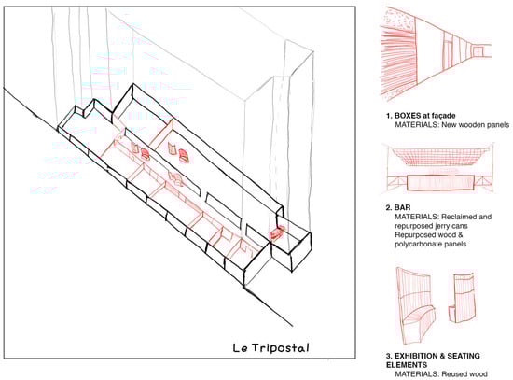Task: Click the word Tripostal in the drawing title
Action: [281, 348]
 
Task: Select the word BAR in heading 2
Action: [402, 207]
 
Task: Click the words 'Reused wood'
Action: [464, 374]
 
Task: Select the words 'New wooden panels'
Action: [476, 125]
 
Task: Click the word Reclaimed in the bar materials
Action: [457, 217]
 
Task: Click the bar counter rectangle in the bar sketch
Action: [440, 182]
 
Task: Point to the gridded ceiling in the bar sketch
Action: [440, 158]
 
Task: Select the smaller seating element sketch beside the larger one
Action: [463, 297]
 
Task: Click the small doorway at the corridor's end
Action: [478, 51]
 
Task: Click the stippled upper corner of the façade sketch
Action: [398, 20]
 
